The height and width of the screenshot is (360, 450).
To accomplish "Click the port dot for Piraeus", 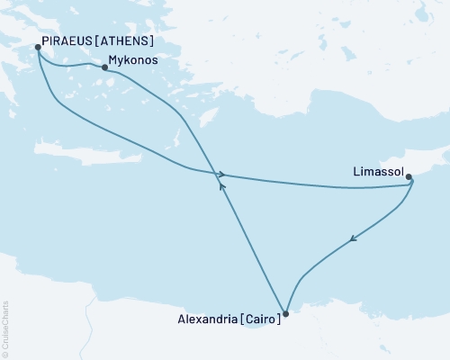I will click(37, 47).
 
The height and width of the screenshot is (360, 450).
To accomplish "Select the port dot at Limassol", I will click(409, 177).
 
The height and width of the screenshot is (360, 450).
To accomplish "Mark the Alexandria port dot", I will click(285, 314).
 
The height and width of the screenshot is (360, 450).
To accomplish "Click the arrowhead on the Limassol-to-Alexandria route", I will click(353, 239).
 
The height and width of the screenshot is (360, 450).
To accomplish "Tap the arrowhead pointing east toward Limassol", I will click(219, 173).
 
